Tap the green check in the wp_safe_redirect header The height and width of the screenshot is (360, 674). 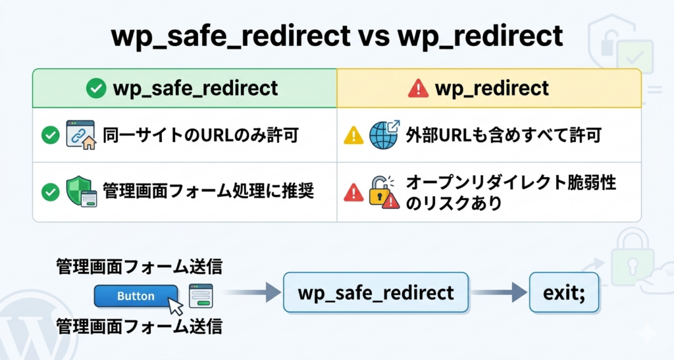[x=96, y=88]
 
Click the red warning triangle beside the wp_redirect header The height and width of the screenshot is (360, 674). [x=418, y=89]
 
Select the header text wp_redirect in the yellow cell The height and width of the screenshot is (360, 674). [x=492, y=88]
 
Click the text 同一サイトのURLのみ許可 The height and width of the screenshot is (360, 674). [x=201, y=136]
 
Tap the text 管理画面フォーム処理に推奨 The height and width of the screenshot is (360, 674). [x=208, y=192]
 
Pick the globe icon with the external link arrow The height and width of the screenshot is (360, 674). [x=384, y=135]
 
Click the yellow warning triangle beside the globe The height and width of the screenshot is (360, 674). [x=353, y=136]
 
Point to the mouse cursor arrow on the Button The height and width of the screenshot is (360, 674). [x=175, y=307]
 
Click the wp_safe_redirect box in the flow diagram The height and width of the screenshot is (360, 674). [x=376, y=292]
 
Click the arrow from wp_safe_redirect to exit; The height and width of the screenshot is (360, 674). [x=498, y=292]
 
